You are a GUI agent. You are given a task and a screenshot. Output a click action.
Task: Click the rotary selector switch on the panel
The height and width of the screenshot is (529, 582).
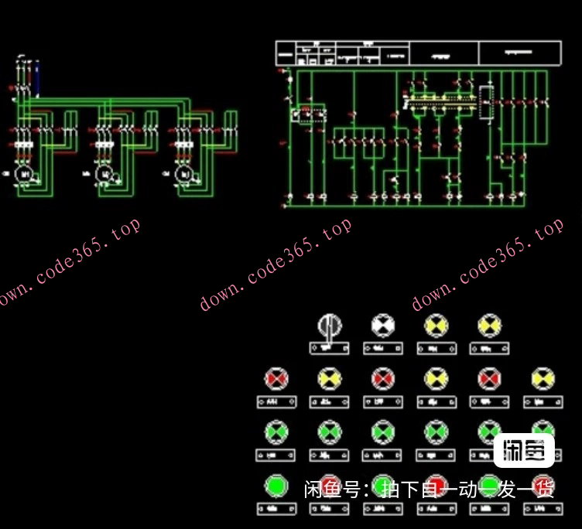pyautogui.click(x=329, y=326)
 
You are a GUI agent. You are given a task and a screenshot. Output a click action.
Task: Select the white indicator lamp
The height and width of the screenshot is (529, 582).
pyautogui.click(x=382, y=325)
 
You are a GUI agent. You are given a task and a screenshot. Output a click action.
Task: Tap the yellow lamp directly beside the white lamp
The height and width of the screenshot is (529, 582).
pyautogui.click(x=436, y=325)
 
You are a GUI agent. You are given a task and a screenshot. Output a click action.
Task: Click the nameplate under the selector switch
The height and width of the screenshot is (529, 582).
pyautogui.click(x=329, y=349)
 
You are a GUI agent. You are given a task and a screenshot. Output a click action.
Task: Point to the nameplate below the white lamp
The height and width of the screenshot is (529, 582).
pyautogui.click(x=382, y=349)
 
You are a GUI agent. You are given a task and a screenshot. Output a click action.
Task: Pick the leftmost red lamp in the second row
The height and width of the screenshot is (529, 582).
pyautogui.click(x=276, y=379)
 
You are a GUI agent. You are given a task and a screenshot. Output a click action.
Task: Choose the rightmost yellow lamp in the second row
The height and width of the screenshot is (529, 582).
pyautogui.click(x=543, y=379)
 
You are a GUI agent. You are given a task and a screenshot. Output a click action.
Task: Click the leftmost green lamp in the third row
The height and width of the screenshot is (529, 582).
pyautogui.click(x=276, y=432)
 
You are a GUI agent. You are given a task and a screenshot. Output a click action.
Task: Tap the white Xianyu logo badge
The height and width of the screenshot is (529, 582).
pyautogui.click(x=524, y=451)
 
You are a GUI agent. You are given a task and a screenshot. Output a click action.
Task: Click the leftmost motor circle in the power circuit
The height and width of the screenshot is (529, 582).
pyautogui.click(x=25, y=176)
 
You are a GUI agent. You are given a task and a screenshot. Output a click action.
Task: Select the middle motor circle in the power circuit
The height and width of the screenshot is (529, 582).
pyautogui.click(x=105, y=176)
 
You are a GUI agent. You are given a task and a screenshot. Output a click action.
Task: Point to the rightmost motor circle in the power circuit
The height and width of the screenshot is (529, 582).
pyautogui.click(x=185, y=176)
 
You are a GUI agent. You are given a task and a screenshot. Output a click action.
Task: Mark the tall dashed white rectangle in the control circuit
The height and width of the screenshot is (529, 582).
pyautogui.click(x=487, y=103)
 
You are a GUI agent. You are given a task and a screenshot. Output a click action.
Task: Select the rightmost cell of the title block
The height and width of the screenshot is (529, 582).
pyautogui.click(x=520, y=53)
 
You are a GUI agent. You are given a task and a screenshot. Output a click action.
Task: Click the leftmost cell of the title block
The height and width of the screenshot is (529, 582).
pyautogui.click(x=286, y=53)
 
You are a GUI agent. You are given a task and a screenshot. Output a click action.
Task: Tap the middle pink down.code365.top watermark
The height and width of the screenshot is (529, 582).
pyautogui.click(x=276, y=264)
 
